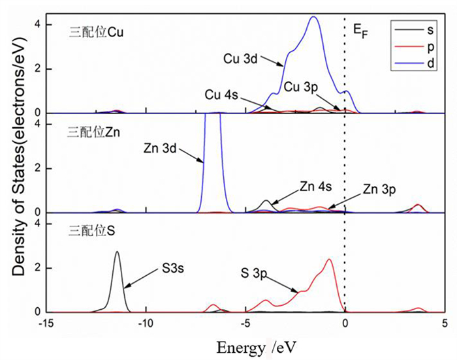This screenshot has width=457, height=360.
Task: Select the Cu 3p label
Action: [x=302, y=87]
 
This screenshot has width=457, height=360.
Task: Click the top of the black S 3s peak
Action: [x=118, y=252]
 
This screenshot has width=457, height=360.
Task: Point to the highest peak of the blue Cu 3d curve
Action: [x=314, y=17]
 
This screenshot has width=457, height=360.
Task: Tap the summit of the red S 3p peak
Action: [x=329, y=260]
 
